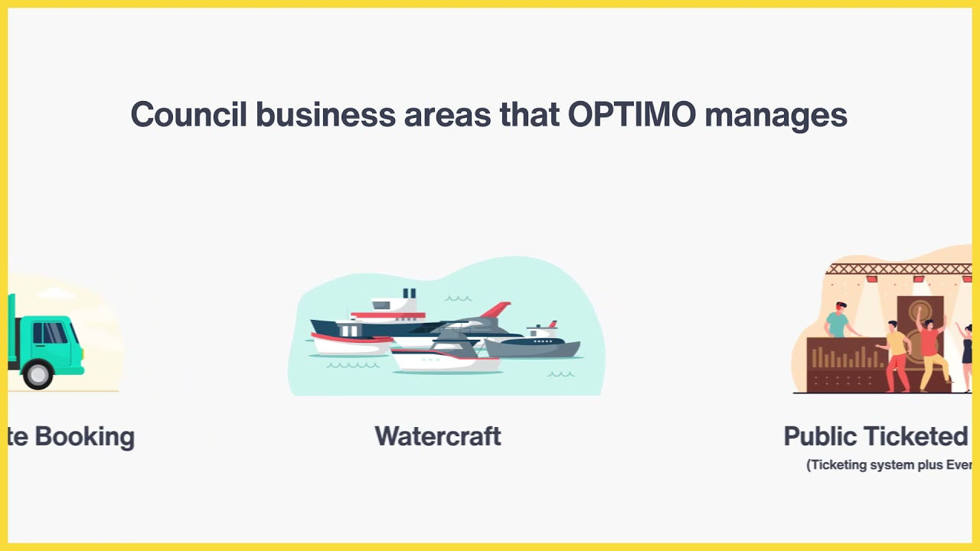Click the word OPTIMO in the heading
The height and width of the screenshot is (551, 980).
pos(632,115)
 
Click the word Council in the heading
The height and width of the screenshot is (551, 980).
pos(188,115)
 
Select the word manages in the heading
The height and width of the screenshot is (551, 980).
pos(776,115)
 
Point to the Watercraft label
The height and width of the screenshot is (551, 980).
pos(438,436)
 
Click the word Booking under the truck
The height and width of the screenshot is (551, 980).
pos(84,436)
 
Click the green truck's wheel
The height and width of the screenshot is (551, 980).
pos(37,374)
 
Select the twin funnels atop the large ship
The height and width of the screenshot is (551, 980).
pos(409,293)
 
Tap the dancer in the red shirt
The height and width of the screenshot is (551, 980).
pos(929,348)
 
